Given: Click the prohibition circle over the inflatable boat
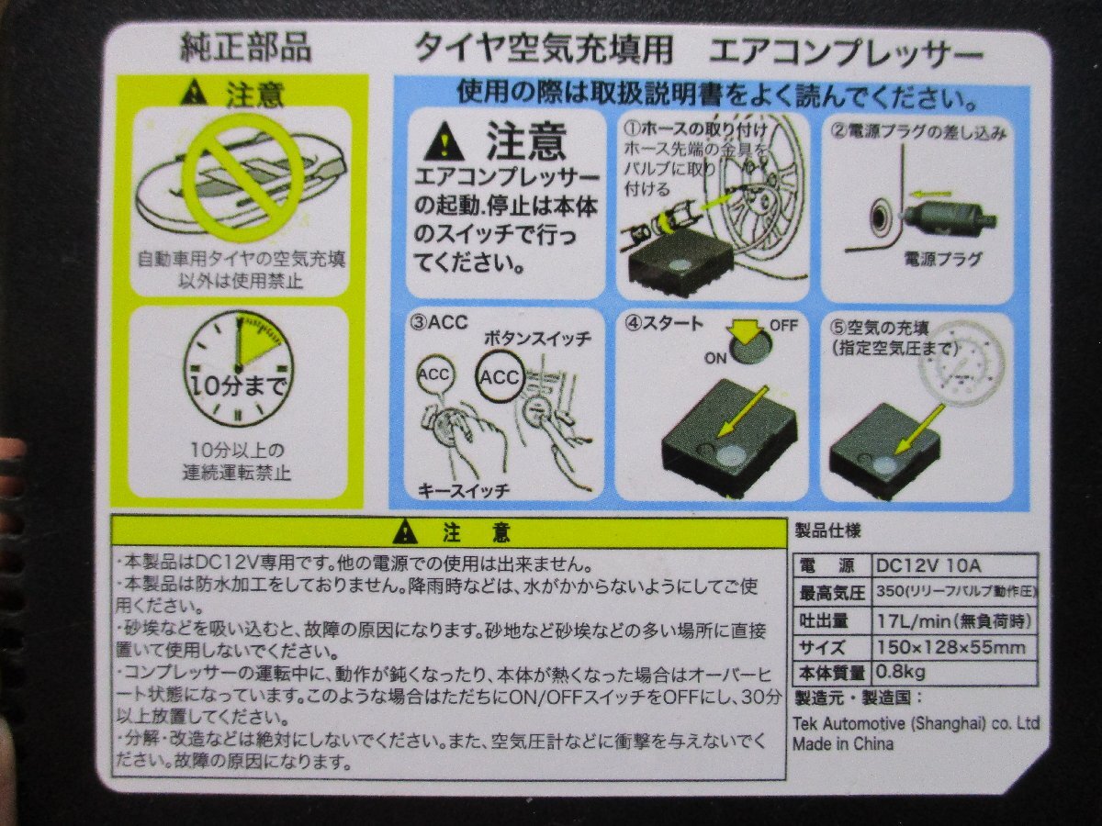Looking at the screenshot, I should [242, 176].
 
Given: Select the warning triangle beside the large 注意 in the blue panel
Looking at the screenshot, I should [444, 142].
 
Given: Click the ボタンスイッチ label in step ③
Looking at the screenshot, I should [537, 337].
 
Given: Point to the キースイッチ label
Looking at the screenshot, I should [464, 489].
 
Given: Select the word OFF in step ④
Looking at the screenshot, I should [782, 326].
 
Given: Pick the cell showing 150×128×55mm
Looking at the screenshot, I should [950, 647].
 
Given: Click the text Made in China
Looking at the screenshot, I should [842, 743].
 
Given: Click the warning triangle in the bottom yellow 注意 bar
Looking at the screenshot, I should [403, 531].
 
